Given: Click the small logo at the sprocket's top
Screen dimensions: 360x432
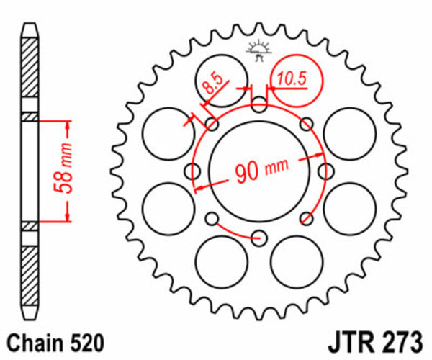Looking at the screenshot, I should point(258,49).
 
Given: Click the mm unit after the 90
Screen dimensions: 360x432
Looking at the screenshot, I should point(276,167).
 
